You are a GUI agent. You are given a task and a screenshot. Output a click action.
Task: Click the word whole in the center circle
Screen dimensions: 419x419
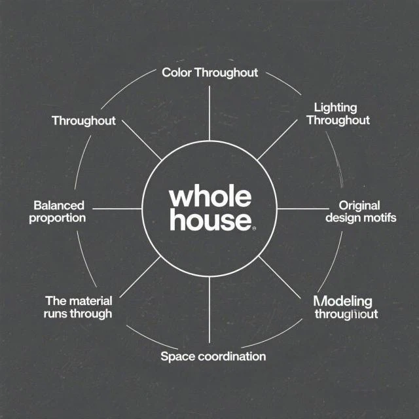209,197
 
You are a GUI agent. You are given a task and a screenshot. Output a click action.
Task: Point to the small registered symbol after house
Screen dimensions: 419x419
254,228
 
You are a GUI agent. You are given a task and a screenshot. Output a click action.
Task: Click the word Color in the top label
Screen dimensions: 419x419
176,72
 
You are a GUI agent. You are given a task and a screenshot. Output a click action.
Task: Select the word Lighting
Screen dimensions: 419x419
336,107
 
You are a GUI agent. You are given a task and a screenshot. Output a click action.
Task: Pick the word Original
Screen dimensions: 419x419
360,205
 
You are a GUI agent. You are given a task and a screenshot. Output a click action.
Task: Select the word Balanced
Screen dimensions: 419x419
58,205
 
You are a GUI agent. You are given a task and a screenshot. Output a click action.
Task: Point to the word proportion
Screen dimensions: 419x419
58,218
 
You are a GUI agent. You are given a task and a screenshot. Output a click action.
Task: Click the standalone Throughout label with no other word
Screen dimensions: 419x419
83,121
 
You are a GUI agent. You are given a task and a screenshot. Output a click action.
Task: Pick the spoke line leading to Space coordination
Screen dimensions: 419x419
209,308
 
